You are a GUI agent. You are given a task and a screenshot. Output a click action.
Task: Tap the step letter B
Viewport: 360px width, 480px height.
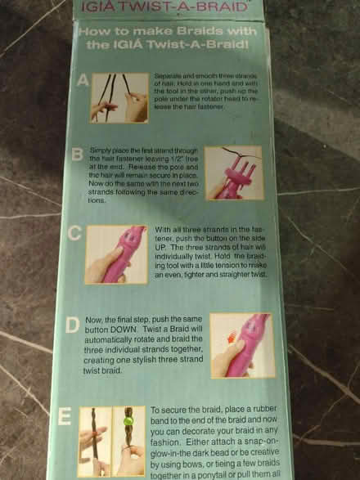pyautogui.click(x=77, y=154)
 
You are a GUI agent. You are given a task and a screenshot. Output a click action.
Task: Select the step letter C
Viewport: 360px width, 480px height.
pyautogui.click(x=74, y=233)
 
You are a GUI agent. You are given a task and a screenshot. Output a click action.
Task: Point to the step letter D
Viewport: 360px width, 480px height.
pyautogui.click(x=72, y=325)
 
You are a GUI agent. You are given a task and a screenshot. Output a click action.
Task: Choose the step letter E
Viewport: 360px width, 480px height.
pyautogui.click(x=65, y=417)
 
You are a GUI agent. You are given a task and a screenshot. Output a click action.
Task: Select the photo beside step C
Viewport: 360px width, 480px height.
pyautogui.click(x=116, y=254)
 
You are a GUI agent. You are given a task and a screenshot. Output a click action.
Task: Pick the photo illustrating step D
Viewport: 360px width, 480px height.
pyautogui.click(x=241, y=344)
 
